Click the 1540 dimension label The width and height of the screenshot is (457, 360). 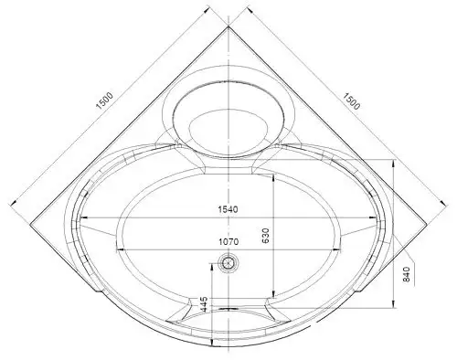coord(228,209)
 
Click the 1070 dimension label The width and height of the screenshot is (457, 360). coord(228,241)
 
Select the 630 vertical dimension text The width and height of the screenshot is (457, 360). coord(265,236)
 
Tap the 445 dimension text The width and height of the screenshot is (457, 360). coord(204,304)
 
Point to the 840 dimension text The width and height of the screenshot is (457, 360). coord(407,274)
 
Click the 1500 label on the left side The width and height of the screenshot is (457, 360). coord(104,101)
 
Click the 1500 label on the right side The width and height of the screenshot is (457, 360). coord(352,101)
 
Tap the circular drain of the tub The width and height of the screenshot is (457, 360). coord(228,262)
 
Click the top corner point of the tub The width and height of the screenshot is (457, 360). coord(228,26)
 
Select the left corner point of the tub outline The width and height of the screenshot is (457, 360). coord(30,225)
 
